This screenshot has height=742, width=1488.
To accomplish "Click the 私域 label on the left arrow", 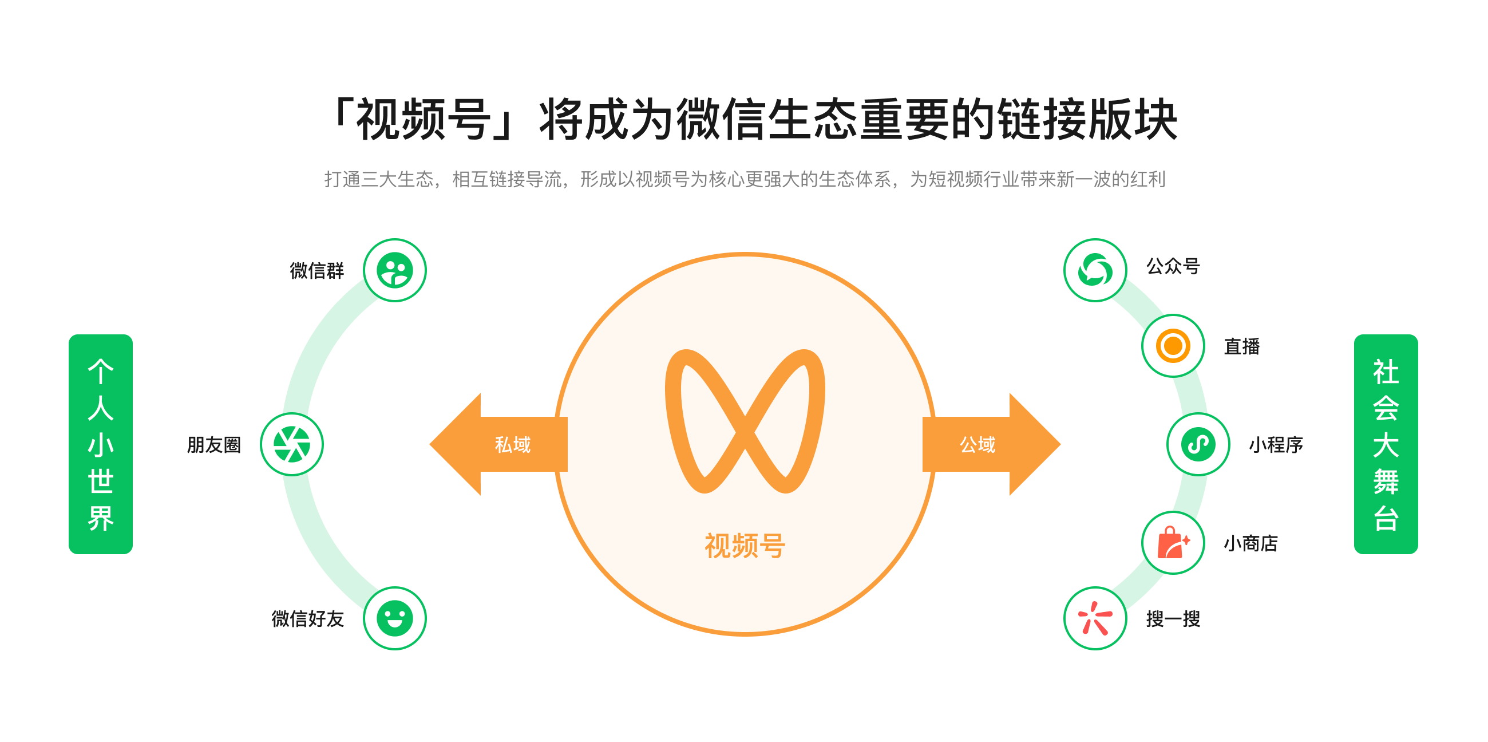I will (512, 444).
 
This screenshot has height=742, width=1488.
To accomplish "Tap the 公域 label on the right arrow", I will (978, 444).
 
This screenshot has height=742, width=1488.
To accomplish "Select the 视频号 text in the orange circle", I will (745, 546).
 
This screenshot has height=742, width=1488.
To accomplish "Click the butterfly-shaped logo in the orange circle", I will (745, 421).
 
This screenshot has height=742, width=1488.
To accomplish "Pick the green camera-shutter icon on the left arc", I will (292, 444).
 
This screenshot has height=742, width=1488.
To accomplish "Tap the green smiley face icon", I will (394, 618).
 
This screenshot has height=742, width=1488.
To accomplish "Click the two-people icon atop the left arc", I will (394, 270).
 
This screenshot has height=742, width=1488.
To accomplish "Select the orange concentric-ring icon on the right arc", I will (1173, 346).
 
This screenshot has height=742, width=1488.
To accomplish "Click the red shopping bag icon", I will (1173, 543).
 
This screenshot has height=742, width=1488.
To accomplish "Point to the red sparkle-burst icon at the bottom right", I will (1095, 618).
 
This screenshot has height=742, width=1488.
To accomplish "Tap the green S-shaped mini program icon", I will (1198, 444).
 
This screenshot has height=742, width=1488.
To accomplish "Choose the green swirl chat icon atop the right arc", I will (1095, 270).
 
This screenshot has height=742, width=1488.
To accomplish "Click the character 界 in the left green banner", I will (101, 518).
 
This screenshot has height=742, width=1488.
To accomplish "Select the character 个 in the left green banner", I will (101, 372).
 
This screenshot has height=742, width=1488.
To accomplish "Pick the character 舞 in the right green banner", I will (1386, 481).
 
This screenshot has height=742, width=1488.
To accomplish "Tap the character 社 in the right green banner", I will (1386, 372).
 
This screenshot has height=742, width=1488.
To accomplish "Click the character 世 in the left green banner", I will (101, 481).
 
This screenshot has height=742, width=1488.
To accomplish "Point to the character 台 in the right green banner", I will (1386, 518).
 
